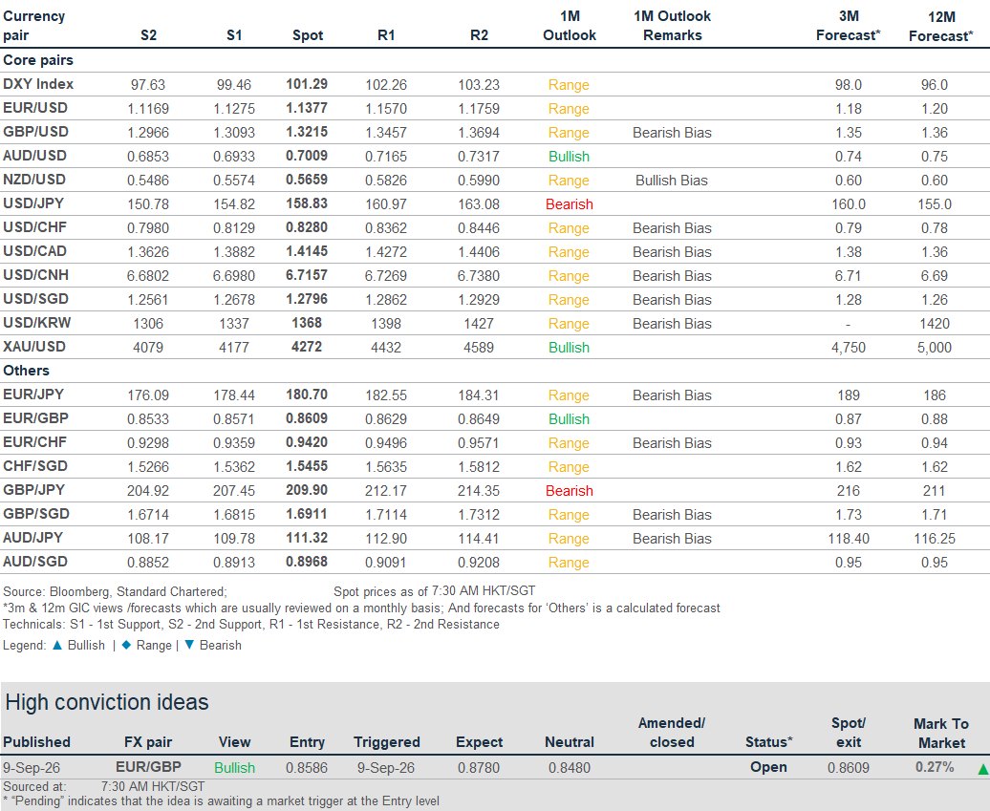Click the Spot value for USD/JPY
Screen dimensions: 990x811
pos(307,203)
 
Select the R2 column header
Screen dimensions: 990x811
pos(479,35)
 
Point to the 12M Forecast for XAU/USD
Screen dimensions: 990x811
pos(935,348)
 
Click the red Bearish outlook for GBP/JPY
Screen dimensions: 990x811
pos(569,491)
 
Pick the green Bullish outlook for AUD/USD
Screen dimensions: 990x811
pos(569,157)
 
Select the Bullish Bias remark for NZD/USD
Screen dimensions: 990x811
pos(672,181)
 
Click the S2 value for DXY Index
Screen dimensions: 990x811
pos(148,85)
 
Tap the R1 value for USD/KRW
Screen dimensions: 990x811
pos(386,324)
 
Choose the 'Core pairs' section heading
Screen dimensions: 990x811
pos(38,60)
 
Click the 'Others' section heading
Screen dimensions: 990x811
pos(26,371)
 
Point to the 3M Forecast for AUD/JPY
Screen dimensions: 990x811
pos(849,539)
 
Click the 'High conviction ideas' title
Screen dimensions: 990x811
pos(107,702)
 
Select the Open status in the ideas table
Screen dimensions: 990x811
pos(768,767)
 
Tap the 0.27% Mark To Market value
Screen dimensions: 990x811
pos(935,767)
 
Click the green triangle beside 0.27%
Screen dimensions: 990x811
pos(983,769)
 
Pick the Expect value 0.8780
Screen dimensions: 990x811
pos(479,768)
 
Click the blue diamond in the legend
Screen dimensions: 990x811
pos(126,645)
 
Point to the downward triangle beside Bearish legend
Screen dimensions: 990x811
pos(189,645)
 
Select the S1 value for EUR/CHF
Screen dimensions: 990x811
pos(233,443)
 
